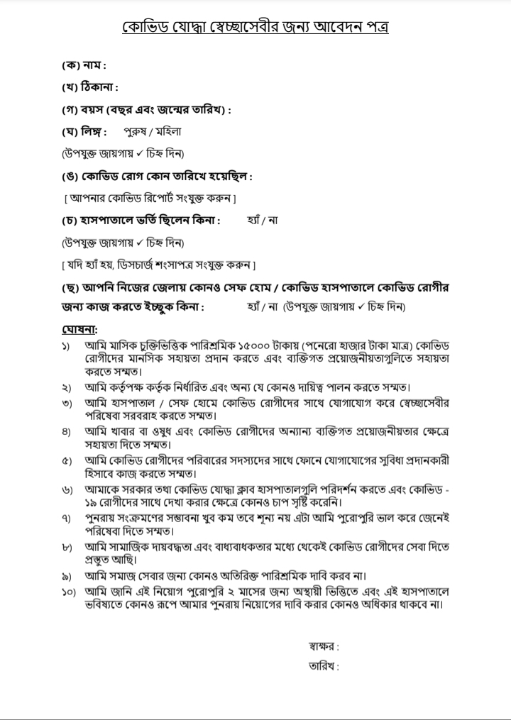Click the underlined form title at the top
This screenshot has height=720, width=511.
point(255,28)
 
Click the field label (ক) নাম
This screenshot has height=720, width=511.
point(83,65)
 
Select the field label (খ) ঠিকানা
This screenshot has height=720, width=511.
point(89,87)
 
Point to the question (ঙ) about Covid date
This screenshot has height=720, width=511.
point(156,175)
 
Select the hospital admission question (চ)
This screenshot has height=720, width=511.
point(140,220)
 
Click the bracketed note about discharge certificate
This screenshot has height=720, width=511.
point(158,265)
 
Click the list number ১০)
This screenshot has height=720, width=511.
point(69,592)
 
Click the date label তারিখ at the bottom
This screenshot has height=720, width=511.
point(324,666)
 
